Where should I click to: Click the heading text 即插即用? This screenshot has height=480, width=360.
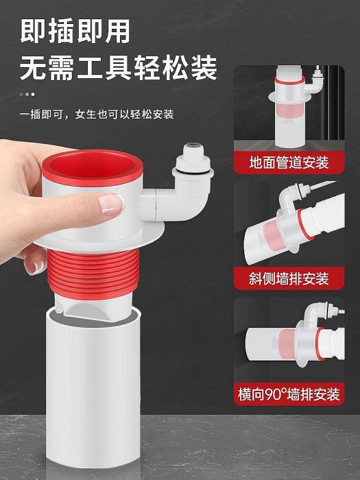[x=75, y=31]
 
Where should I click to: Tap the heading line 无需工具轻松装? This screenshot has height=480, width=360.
[x=119, y=68]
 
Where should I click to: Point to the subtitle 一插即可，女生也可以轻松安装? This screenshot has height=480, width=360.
[x=97, y=115]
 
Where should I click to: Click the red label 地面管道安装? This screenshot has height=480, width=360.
[x=289, y=163]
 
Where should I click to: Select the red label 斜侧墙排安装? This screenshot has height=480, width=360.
[x=289, y=278]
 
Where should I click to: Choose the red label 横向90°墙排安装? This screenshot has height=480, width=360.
[x=289, y=394]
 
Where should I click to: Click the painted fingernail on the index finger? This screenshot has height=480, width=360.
[x=111, y=204]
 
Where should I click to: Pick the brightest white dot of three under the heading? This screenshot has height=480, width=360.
[x=33, y=95]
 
